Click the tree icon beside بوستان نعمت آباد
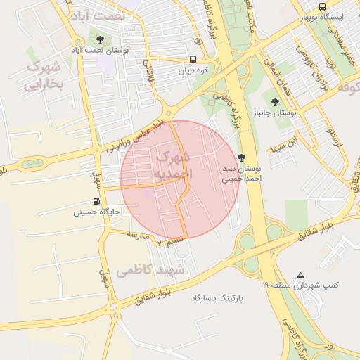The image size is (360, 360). coord(99,39)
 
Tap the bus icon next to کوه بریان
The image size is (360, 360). coord(193,60)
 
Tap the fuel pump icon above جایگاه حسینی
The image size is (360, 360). coord(96,201)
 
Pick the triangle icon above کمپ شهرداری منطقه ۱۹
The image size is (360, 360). coord(301,275)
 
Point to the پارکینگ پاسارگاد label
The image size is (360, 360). coord(217,298)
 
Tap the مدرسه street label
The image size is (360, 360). coord(138,236)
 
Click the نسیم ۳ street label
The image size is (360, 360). coord(170,241)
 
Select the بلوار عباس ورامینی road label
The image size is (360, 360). coord(135,136)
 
